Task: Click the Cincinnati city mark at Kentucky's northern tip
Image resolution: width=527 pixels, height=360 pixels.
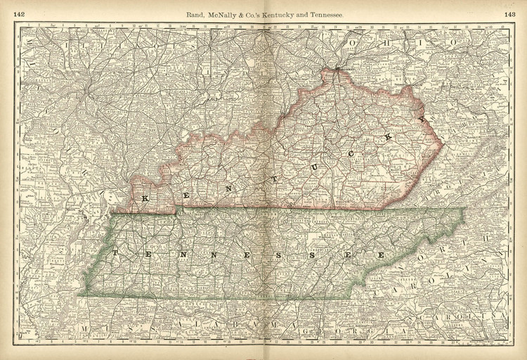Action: click(x=337, y=68)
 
